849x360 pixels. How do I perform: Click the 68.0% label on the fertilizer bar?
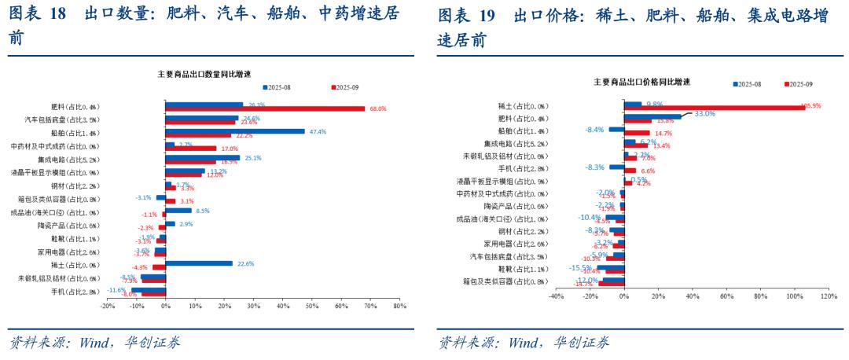pyautogui.click(x=377, y=108)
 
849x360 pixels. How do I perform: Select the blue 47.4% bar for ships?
pyautogui.click(x=234, y=131)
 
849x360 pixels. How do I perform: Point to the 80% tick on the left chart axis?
pyautogui.click(x=399, y=306)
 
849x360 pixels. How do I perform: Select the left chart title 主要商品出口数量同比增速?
pyautogui.click(x=204, y=74)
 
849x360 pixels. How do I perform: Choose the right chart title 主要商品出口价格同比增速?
pyautogui.click(x=641, y=82)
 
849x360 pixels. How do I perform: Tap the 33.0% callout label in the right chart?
pyautogui.click(x=704, y=114)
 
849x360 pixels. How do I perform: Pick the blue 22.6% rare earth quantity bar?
pyautogui.click(x=199, y=263)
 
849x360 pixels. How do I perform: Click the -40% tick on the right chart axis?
pyautogui.click(x=555, y=296)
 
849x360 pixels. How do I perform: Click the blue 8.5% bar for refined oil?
pyautogui.click(x=178, y=211)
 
